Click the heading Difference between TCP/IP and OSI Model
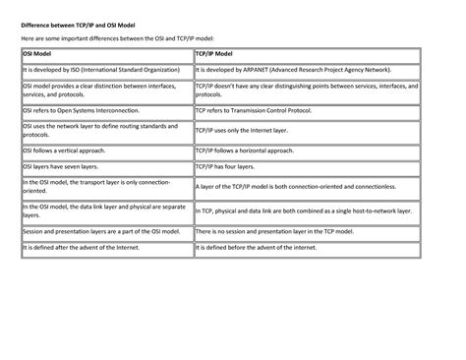tap(70, 22)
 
